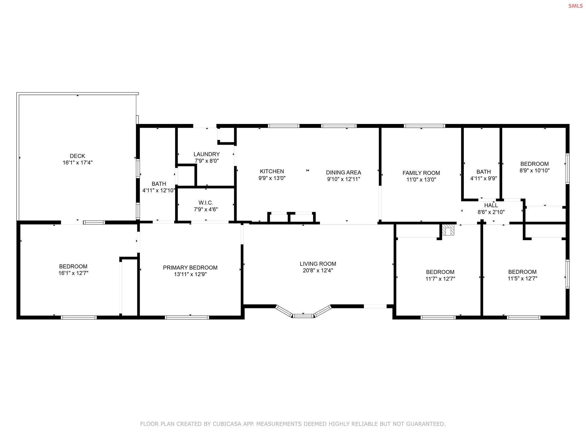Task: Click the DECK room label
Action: pos(77,156)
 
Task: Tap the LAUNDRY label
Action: pos(207,154)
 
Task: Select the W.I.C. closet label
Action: pos(206,203)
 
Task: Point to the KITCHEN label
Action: pos(272,171)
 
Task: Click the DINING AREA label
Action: pos(343,173)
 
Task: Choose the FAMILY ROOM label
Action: pos(421,173)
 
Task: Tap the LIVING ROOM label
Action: pos(318,264)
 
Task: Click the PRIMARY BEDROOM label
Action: pos(190,268)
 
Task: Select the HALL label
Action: pos(491,205)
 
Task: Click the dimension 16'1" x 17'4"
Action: pos(78,163)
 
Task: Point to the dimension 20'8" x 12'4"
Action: pos(318,271)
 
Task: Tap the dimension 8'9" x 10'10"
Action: pos(534,171)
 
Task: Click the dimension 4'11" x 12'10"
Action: pos(159,190)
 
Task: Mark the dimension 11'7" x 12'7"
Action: pos(440,279)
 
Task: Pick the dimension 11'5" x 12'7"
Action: pos(522,279)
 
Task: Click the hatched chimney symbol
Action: pos(448,230)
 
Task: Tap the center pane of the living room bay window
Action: pos(303,316)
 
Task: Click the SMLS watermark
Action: pos(575,6)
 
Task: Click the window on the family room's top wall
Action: pos(425,126)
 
